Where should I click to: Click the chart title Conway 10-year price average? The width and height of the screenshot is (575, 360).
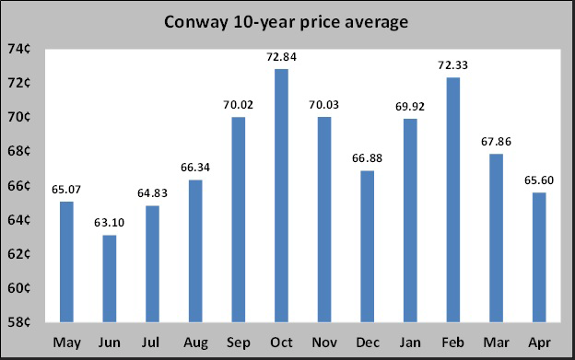(286, 21)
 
